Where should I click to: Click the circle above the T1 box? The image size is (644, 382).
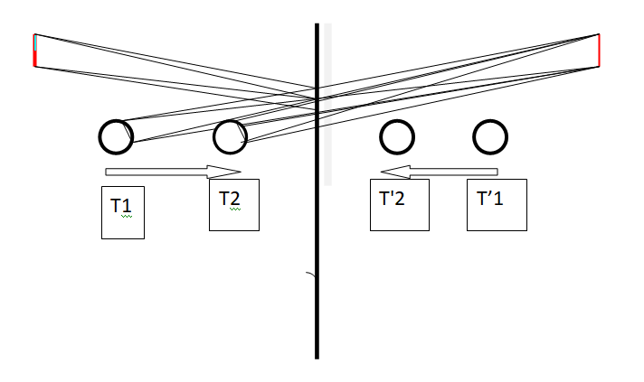click(99, 137)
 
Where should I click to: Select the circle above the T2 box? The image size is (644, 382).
click(214, 137)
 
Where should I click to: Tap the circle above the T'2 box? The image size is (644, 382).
click(381, 137)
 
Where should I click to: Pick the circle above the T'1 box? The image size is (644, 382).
click(474, 137)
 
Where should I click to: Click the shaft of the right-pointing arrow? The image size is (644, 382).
click(156, 172)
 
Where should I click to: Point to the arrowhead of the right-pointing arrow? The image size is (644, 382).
click(223, 172)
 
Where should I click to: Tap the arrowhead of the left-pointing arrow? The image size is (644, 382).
click(395, 172)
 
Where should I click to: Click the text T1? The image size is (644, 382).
click(121, 205)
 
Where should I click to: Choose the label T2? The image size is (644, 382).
click(230, 199)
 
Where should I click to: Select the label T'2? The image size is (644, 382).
click(392, 199)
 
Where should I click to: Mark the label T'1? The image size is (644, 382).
click(489, 199)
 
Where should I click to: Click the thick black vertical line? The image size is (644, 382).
click(317, 191)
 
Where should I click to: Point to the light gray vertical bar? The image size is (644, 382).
click(327, 105)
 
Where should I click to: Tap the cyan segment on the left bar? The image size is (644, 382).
click(36, 42)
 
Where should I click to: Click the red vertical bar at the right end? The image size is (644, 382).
click(599, 50)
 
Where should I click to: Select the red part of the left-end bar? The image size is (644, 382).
click(35, 58)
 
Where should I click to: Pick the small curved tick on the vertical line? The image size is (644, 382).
click(311, 274)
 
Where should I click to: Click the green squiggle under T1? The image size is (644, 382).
click(127, 216)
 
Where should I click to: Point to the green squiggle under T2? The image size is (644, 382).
click(235, 209)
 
